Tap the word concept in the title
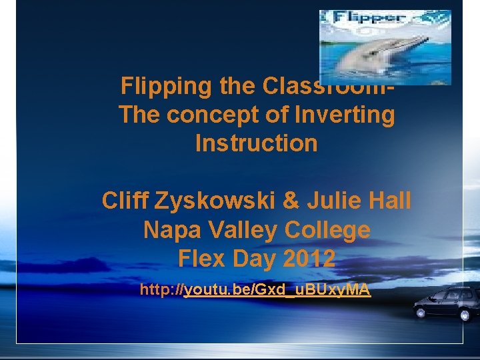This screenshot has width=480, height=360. (205, 115)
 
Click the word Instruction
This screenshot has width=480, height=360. (257, 143)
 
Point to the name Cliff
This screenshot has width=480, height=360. (124, 201)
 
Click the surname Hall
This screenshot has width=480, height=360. (391, 201)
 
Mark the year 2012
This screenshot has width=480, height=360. (309, 258)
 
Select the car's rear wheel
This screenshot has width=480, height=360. (467, 313)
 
